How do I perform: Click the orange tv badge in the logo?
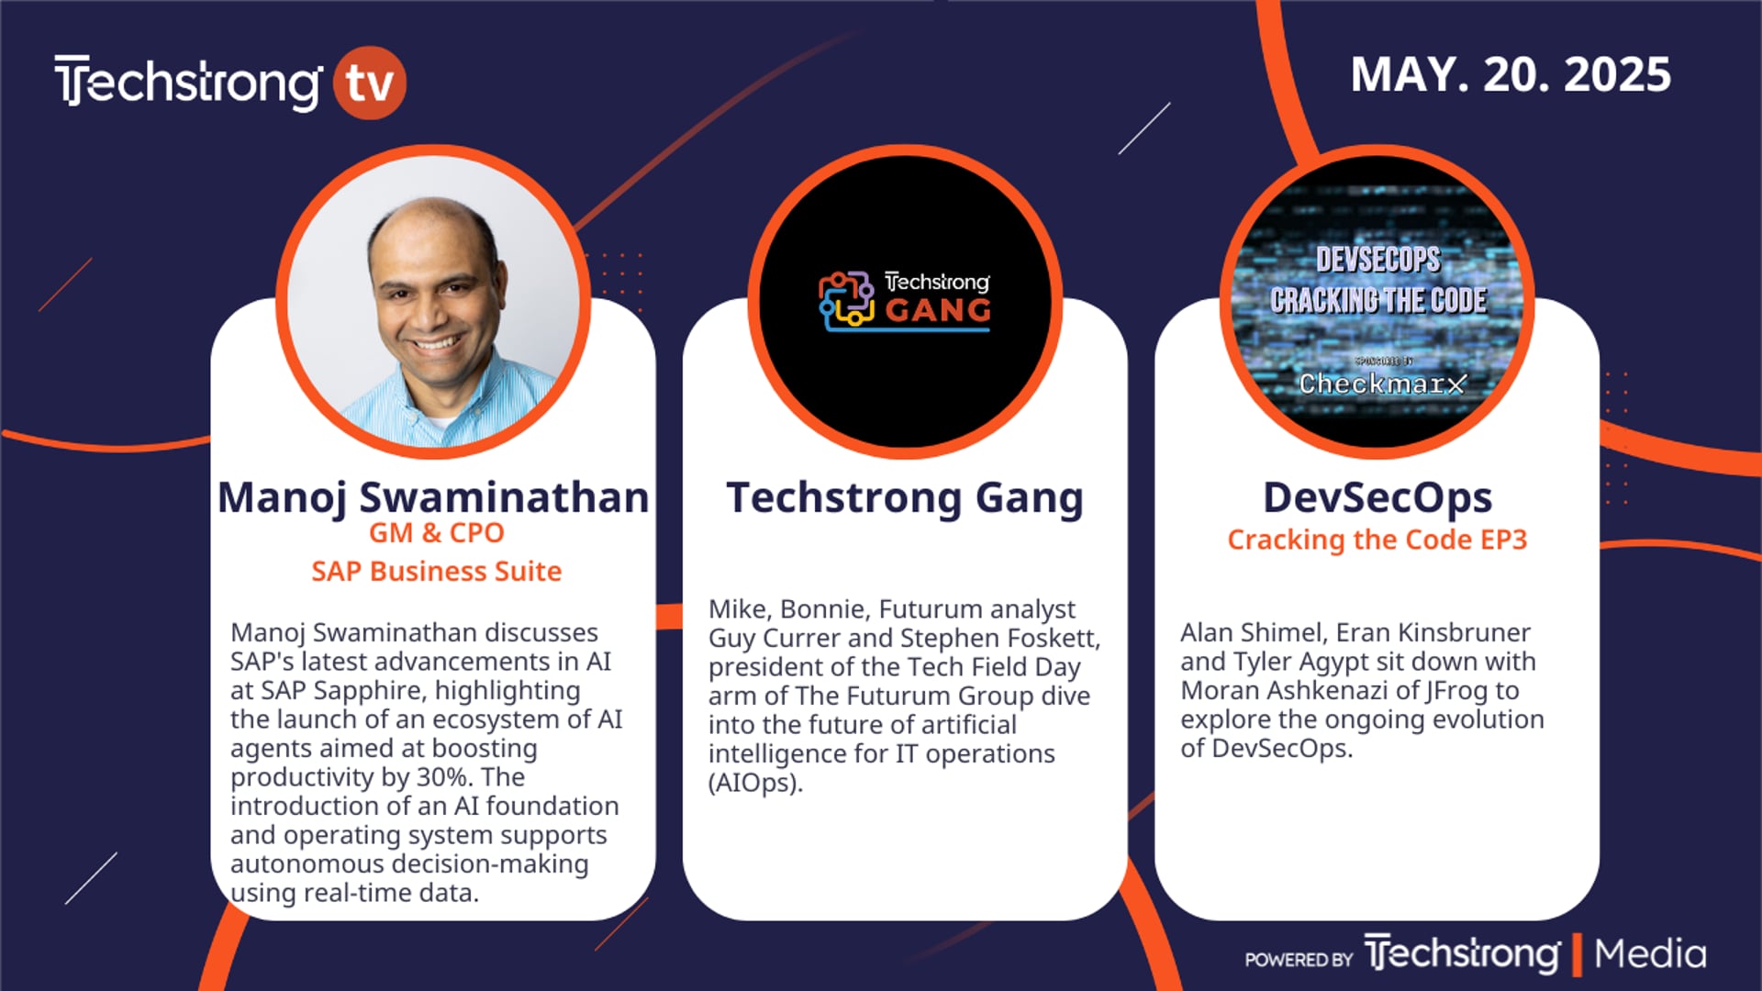tap(370, 83)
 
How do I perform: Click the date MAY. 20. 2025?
tap(1511, 75)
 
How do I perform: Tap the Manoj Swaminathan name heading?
tap(433, 498)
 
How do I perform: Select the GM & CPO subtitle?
tap(437, 533)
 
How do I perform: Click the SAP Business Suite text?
tap(437, 572)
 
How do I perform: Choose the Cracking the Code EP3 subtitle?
tap(1377, 540)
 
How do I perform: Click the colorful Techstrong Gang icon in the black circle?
tap(846, 300)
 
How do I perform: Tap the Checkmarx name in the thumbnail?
tap(1382, 384)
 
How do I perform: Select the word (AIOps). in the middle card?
tap(755, 783)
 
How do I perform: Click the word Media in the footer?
tap(1650, 954)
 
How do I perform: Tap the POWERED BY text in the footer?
tap(1299, 960)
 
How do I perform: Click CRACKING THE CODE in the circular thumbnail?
tap(1378, 300)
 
